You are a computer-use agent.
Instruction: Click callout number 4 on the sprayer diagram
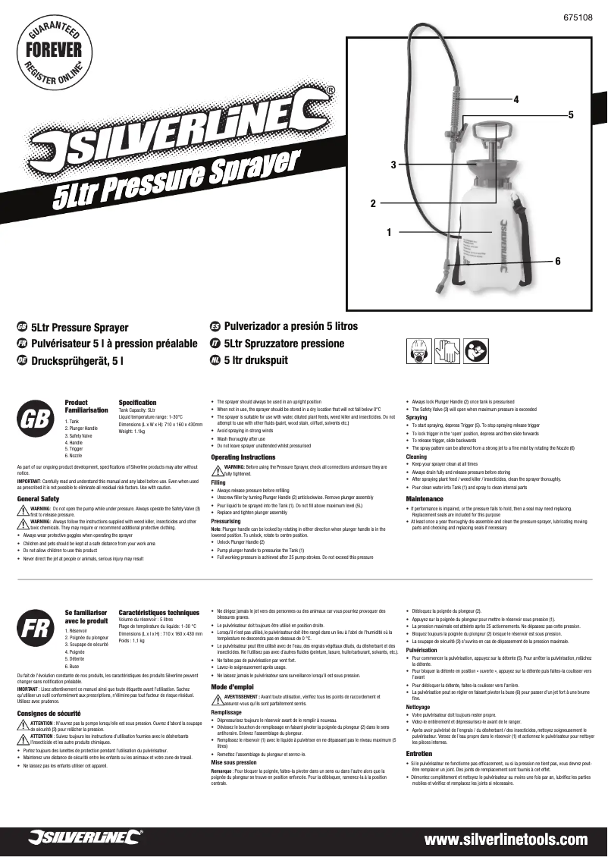[x=516, y=99]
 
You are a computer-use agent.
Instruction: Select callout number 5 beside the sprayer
[x=571, y=114]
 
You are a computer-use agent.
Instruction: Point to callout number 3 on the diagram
[x=393, y=165]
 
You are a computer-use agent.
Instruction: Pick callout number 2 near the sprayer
[x=373, y=203]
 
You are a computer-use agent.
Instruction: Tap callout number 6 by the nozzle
[x=557, y=261]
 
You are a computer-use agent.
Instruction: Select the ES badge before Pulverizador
[x=215, y=326]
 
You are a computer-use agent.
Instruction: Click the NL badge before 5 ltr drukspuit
[x=215, y=360]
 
